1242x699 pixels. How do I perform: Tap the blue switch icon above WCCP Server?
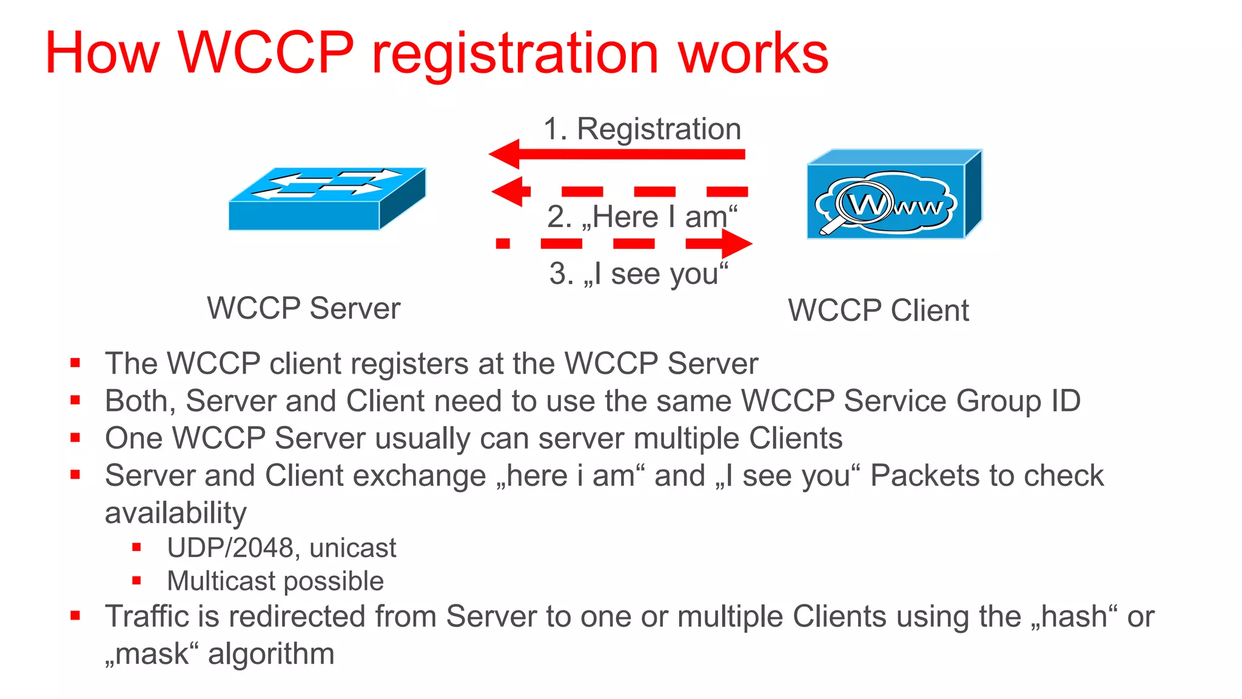click(327, 198)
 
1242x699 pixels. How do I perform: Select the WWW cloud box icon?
click(895, 194)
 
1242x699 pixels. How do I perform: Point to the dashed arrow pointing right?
click(625, 244)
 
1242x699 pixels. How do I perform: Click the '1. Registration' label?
click(642, 129)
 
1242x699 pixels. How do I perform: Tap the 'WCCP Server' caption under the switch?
click(304, 308)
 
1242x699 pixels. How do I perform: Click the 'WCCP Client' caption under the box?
click(878, 311)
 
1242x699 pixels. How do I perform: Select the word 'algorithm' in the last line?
click(271, 654)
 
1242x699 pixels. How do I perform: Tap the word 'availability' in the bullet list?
click(175, 513)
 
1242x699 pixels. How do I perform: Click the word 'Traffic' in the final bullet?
click(146, 617)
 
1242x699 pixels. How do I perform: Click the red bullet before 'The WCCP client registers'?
click(75, 363)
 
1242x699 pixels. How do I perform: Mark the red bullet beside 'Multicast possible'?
click(136, 581)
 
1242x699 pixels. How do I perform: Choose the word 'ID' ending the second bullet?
click(1065, 401)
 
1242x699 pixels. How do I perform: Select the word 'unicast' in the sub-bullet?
click(352, 548)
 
